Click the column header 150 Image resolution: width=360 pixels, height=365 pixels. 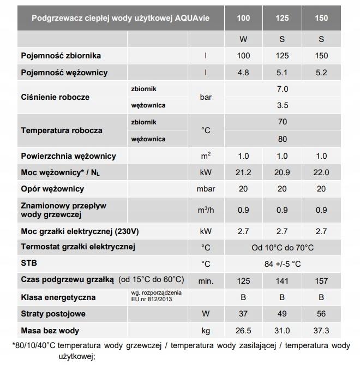(321, 18)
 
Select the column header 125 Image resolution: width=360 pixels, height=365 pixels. (283, 18)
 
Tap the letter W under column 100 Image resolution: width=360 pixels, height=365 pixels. (243, 39)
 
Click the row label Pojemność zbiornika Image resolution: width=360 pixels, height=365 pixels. (61, 56)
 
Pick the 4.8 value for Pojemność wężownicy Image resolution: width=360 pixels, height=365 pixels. (243, 73)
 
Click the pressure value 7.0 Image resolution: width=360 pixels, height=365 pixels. (283, 89)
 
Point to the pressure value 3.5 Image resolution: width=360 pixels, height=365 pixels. (283, 105)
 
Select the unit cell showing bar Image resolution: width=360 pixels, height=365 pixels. (206, 97)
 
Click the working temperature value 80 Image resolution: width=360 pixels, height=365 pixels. (283, 139)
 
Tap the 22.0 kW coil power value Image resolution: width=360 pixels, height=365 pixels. (321, 172)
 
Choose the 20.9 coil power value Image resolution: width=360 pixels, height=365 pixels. (283, 172)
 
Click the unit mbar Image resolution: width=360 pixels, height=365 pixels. (206, 189)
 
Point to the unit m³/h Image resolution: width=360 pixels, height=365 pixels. (206, 210)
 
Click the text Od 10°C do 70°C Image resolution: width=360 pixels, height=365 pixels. (283, 248)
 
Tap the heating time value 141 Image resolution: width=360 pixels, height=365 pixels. (283, 281)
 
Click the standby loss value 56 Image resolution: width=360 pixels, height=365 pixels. (321, 314)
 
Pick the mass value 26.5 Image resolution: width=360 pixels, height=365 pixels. (243, 330)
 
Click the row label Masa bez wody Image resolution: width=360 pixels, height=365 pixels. (50, 330)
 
